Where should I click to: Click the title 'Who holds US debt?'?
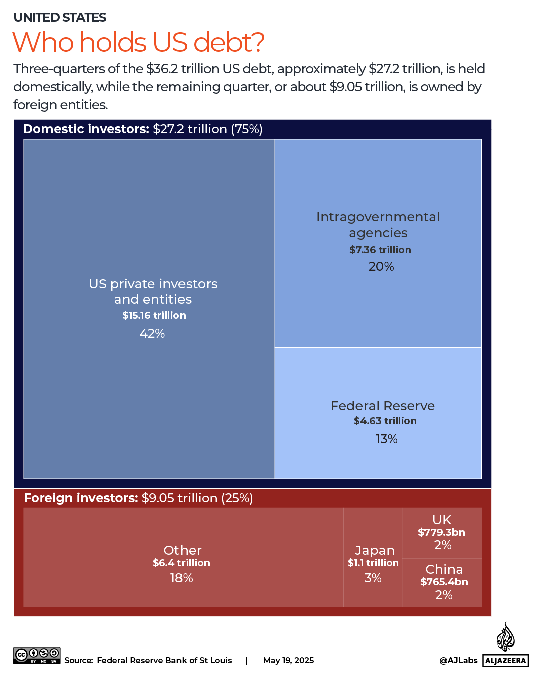pyautogui.click(x=138, y=42)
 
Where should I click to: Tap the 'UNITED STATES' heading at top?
pyautogui.click(x=60, y=18)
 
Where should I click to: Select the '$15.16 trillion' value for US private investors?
pyautogui.click(x=154, y=315)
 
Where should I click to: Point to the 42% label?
pyautogui.click(x=152, y=333)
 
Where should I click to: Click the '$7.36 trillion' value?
pyautogui.click(x=380, y=250)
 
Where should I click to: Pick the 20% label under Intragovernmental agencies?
pyautogui.click(x=381, y=267)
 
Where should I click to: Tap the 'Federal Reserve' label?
pyautogui.click(x=383, y=406)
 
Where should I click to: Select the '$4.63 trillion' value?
pyautogui.click(x=385, y=421)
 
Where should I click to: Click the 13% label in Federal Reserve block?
pyautogui.click(x=386, y=439)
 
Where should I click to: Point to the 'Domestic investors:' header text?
pyautogui.click(x=86, y=129)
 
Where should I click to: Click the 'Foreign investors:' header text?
pyautogui.click(x=81, y=498)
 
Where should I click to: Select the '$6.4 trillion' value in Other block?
pyautogui.click(x=182, y=563)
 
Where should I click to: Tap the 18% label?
pyautogui.click(x=182, y=578)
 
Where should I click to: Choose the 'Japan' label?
pyautogui.click(x=375, y=550)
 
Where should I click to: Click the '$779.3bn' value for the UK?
pyautogui.click(x=441, y=532)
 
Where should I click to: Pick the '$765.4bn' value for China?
pyautogui.click(x=444, y=582)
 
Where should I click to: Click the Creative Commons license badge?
pyautogui.click(x=37, y=655)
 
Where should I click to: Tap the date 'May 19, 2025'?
pyautogui.click(x=288, y=660)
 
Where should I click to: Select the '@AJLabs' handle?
pyautogui.click(x=458, y=660)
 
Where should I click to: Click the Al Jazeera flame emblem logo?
pyautogui.click(x=505, y=637)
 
